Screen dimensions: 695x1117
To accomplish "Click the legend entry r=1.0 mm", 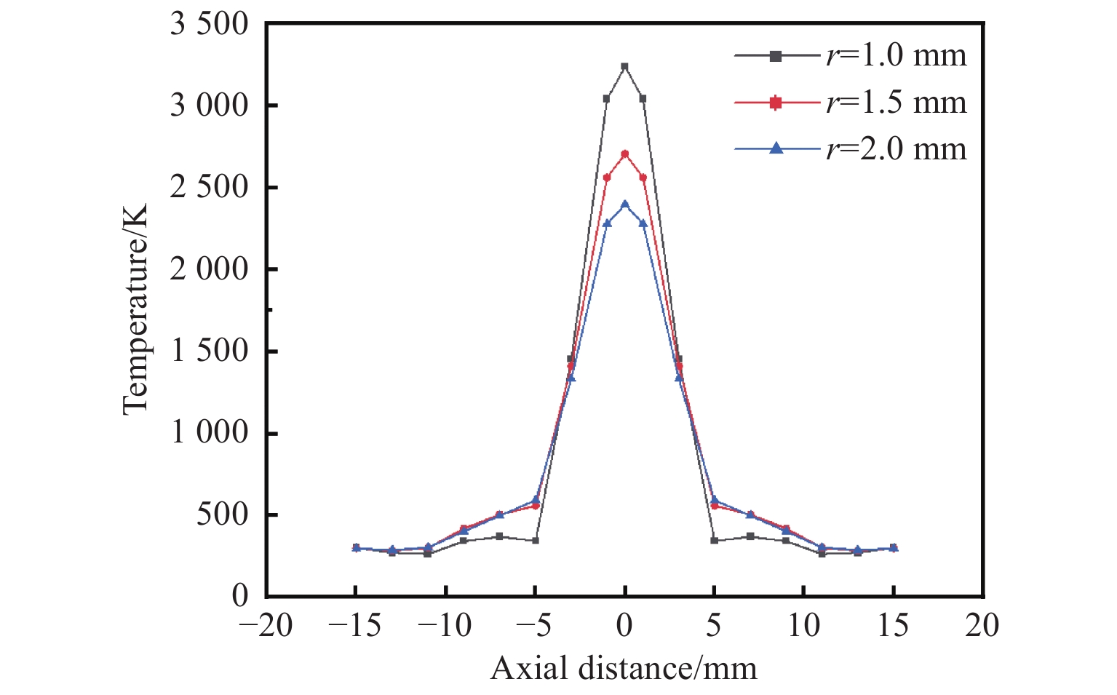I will pos(850,56).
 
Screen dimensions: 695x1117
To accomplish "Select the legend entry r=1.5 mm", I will pos(850,103).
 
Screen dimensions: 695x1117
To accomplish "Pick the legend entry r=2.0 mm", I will pos(850,148).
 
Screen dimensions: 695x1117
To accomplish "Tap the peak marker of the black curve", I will pos(624,66).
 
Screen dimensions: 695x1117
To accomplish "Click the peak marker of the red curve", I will pos(624,154).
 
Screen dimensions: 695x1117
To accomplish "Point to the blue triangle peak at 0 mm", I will pos(624,204).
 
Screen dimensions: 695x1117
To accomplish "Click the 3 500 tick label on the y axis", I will pos(209,24).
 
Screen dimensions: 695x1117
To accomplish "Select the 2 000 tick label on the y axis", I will pos(209,269).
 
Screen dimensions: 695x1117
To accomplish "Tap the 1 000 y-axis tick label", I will pos(209,433).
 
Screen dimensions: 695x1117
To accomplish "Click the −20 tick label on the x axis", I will pos(266,625).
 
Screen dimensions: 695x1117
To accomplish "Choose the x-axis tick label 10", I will pos(803,625).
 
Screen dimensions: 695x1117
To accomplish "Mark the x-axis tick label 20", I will pos(982,625).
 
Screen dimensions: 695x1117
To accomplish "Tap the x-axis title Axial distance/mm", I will pos(624,668).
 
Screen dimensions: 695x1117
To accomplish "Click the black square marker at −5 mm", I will pos(536,541).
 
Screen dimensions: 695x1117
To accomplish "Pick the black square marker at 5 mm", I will pos(714,541).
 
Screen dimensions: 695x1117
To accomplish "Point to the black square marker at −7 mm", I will pos(499,536).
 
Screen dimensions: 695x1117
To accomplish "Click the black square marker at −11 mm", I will pos(428,554).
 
